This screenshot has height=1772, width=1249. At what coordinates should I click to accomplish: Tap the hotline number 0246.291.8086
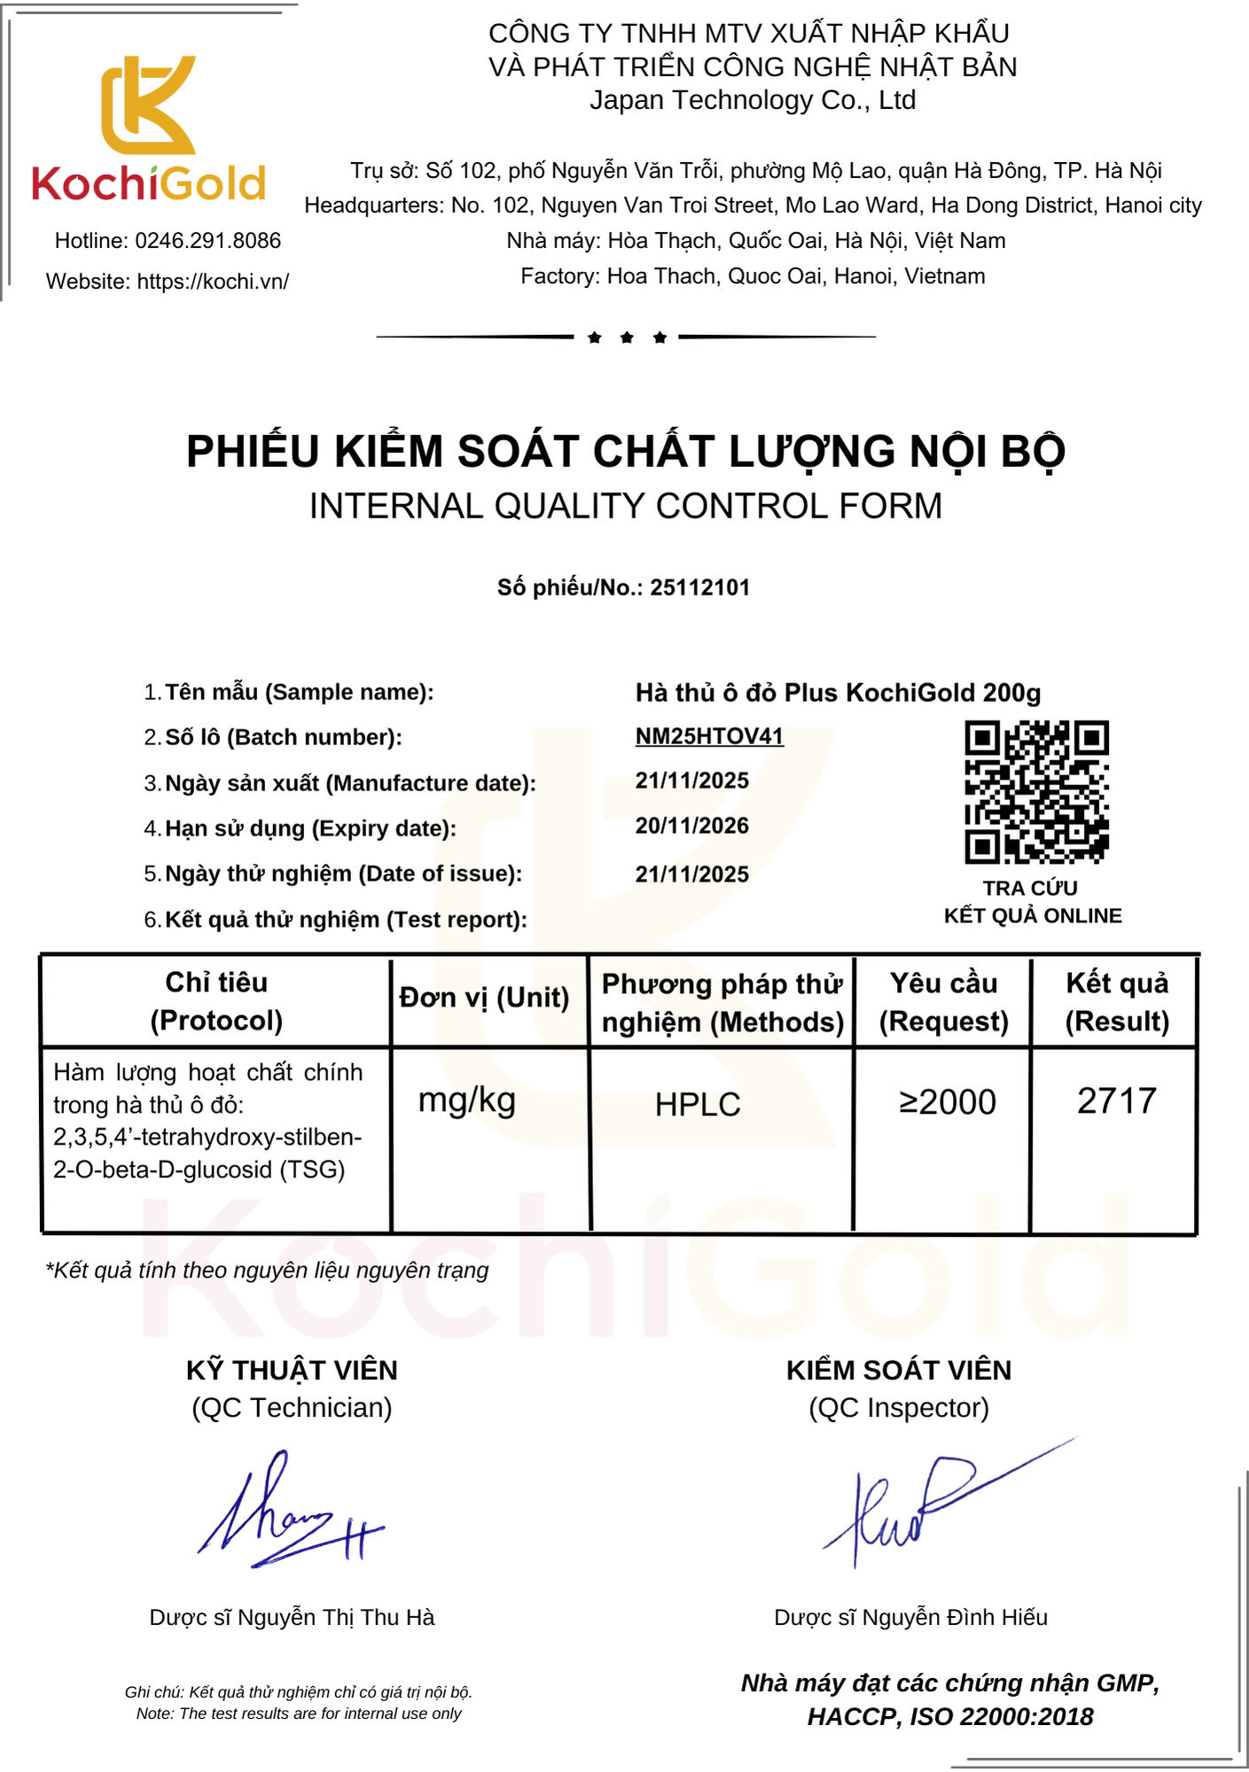tap(207, 241)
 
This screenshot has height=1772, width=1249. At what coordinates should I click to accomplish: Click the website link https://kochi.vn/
tap(213, 282)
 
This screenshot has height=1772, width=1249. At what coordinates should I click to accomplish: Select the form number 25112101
tap(699, 587)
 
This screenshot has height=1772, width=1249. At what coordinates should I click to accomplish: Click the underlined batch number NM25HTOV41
tap(709, 736)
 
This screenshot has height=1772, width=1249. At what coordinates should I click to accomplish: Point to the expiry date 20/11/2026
tap(691, 826)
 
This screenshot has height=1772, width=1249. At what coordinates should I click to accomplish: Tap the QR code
tap(1036, 792)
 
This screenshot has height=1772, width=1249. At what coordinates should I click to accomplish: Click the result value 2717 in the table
tap(1116, 1101)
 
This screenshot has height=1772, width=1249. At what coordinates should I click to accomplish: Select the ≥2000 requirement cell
tap(947, 1102)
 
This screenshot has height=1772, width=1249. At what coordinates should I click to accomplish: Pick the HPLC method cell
tap(698, 1105)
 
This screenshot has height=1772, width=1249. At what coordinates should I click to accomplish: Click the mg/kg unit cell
tap(467, 1100)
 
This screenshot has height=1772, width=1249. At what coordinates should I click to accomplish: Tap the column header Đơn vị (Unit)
tap(484, 998)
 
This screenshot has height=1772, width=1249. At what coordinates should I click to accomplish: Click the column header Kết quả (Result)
tap(1117, 1002)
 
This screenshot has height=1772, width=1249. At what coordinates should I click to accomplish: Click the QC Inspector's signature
tap(931, 1506)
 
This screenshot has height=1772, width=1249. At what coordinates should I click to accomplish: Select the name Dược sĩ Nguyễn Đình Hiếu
tap(910, 1617)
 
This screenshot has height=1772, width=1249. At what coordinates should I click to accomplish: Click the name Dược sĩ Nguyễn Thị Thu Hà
tap(292, 1617)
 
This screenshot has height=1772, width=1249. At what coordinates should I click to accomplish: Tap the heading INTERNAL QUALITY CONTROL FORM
tap(625, 506)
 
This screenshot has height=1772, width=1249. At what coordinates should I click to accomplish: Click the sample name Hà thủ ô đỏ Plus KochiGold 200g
tap(838, 692)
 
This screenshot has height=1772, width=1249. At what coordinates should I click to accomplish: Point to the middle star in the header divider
tap(627, 338)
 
